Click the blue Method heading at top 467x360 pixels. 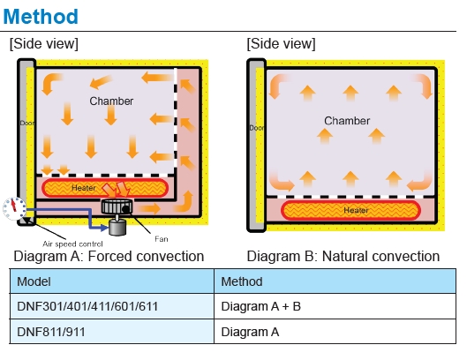(x=41, y=17)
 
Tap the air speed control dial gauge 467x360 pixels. (x=14, y=208)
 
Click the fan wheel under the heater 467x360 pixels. (x=117, y=206)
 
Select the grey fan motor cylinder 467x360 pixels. (x=117, y=227)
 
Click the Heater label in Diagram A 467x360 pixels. (x=84, y=188)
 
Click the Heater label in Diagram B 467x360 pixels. (x=356, y=210)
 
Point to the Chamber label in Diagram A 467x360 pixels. (x=111, y=101)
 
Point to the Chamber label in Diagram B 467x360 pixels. (x=347, y=121)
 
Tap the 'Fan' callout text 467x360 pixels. (x=162, y=239)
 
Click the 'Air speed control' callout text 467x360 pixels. (x=72, y=244)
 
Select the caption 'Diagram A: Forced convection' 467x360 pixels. (x=109, y=257)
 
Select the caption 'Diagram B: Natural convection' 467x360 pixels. (x=343, y=257)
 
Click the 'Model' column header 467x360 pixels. (x=34, y=281)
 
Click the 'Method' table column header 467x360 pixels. (x=242, y=281)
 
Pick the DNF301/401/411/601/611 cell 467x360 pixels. (x=87, y=307)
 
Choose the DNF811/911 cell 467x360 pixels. (x=51, y=332)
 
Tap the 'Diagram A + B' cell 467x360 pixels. (x=261, y=307)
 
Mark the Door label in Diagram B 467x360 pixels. (x=256, y=128)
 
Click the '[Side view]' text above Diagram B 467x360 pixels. (x=281, y=44)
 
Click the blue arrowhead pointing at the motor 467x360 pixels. (x=105, y=228)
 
